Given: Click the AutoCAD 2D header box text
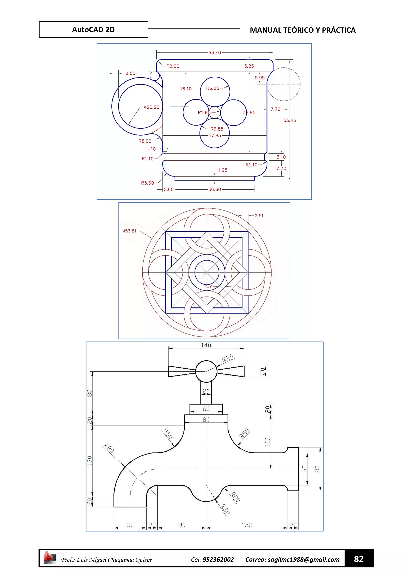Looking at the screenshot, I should pos(93,30).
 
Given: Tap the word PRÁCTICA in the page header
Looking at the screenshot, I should pos(339,30).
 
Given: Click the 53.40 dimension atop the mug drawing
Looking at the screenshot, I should pos(214,53).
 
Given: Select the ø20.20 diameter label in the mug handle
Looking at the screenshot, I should pos(152,107).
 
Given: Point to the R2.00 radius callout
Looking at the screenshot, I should pos(173,66).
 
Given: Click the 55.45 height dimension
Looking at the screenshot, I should pos(290,120).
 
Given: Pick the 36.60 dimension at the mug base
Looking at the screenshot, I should pos(214,189).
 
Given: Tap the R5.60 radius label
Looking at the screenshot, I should pos(147,183).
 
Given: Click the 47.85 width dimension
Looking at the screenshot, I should pos(214,136).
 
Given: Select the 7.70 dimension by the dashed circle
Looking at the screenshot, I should pos(275,109).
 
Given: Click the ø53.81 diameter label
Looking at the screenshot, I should pos(129,231).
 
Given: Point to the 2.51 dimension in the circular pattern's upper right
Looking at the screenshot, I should pos(259,216).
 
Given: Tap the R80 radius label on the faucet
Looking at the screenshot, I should pos(109,448).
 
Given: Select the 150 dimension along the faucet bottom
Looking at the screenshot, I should pos(247,525).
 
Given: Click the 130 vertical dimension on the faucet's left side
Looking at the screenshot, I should pos(90,461).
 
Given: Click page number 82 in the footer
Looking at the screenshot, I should pos(359,559).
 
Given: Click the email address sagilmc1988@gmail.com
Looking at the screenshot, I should pos(304,560).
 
